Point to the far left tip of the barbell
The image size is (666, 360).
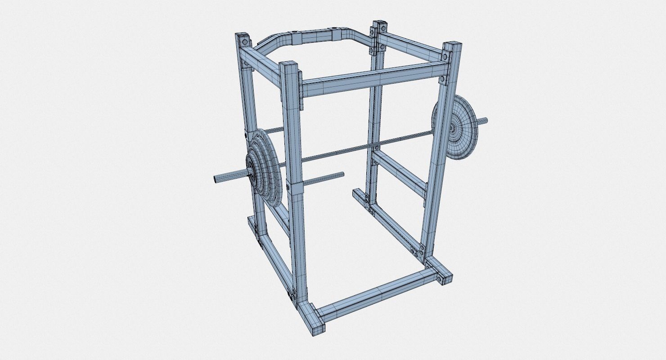coord(215,179)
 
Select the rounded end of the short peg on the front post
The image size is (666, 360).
coord(342,174)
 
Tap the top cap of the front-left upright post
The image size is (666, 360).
coord(289,65)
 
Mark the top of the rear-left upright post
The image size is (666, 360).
coord(243,36)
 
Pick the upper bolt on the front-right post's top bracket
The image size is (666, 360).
coord(445,56)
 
